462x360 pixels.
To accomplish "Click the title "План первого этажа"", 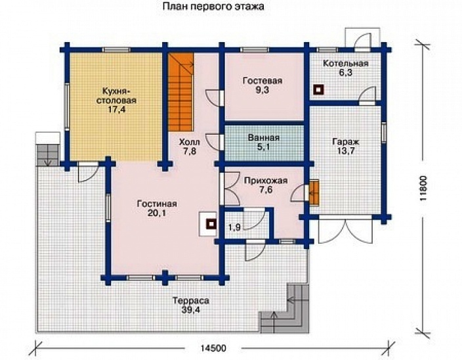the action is [213, 7].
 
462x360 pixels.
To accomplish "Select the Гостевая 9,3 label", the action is [262, 85].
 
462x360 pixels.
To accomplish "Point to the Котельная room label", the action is [346, 68].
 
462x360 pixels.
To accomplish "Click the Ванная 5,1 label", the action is [264, 142].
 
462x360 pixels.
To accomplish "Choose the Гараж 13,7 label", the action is [346, 146].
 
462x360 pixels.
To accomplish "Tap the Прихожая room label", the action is [266, 185].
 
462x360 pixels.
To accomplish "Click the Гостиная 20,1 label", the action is [157, 208].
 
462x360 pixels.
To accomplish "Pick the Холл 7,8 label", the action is [190, 147].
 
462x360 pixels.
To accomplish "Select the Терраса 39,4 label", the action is [191, 305].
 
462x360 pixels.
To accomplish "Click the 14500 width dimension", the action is [213, 348].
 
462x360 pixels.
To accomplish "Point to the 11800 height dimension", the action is [423, 189].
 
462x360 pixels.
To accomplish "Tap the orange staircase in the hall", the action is [181, 92].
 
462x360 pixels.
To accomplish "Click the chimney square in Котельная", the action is [318, 90].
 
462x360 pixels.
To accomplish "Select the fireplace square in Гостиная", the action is [211, 224].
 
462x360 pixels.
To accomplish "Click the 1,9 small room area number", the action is [234, 227].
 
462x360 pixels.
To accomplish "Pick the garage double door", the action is [346, 231].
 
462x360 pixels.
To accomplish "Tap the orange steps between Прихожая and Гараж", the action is [314, 192].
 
